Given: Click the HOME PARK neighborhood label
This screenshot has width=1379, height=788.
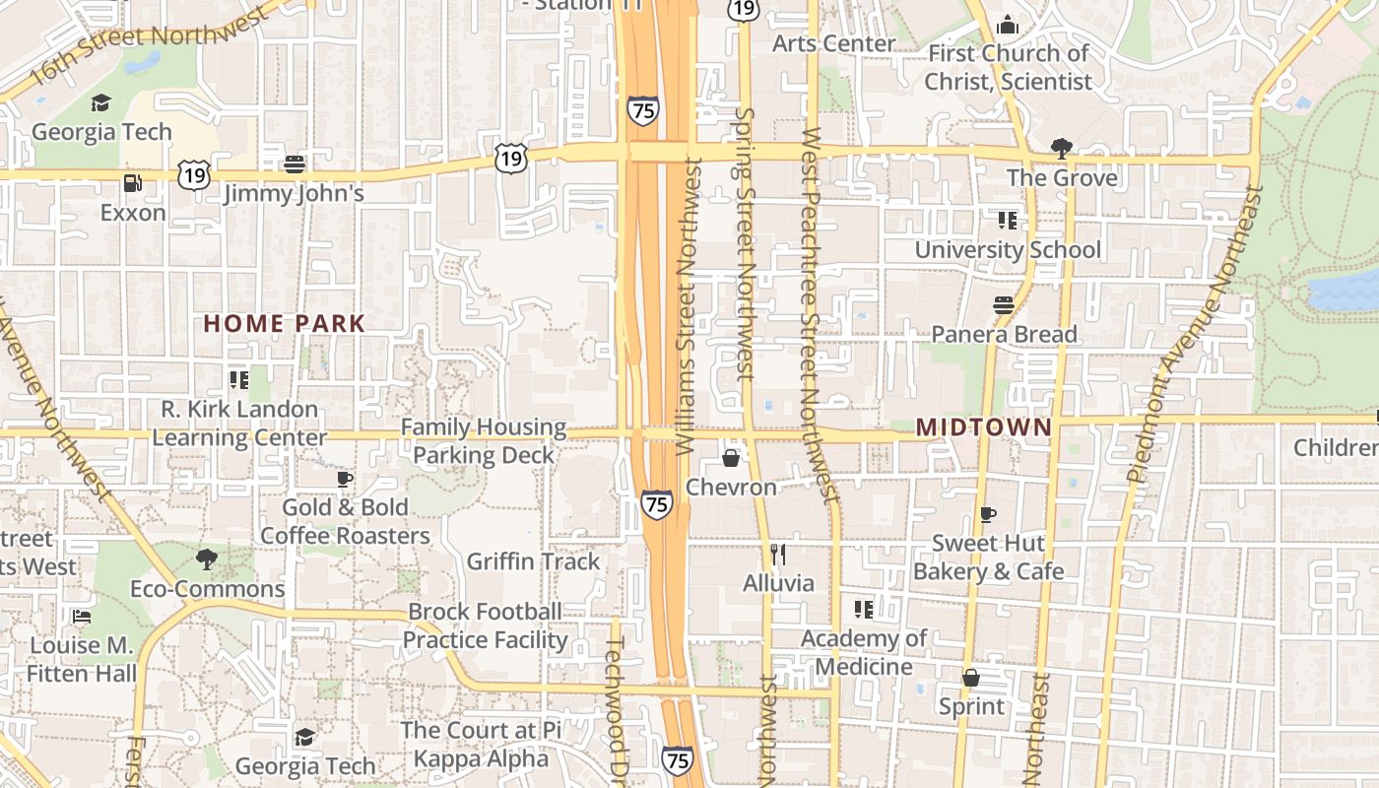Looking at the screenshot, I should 284,323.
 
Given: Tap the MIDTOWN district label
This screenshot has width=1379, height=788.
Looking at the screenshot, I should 984,427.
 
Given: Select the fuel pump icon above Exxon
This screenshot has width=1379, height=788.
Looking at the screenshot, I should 132,183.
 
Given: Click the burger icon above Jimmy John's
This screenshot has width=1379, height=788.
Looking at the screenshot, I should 294,164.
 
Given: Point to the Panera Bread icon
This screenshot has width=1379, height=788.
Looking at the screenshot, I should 1004,305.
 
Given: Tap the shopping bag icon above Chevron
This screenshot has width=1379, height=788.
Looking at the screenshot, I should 731,458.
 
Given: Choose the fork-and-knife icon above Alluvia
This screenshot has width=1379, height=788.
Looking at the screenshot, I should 778,555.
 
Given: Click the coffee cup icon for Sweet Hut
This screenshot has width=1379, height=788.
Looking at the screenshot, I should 988,514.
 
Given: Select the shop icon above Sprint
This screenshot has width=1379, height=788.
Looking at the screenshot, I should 971,678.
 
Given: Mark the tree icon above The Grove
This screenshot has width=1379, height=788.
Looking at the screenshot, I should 1061,149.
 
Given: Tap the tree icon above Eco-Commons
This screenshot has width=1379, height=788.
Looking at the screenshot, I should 207,559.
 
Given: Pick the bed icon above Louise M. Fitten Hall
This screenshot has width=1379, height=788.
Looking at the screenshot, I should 82,617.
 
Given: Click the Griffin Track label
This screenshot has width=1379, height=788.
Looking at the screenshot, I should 533,561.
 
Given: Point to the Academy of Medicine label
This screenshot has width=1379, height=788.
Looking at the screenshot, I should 863,652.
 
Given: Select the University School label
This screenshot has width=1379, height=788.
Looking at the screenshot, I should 1008,250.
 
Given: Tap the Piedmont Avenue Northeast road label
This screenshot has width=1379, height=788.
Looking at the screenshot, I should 1193,335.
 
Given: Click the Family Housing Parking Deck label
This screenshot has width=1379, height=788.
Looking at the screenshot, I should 483,441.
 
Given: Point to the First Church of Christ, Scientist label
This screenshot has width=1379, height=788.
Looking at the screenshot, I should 1008,67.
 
